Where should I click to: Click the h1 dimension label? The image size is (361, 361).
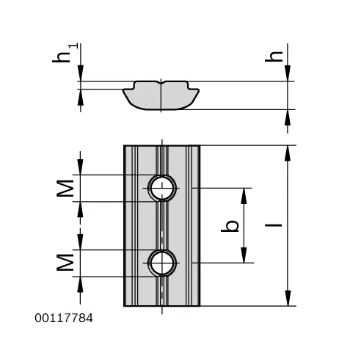[x=65, y=54]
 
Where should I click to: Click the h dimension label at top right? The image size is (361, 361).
[x=274, y=56]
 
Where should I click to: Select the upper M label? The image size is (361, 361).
[x=65, y=189]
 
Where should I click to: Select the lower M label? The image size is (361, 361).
[x=65, y=263]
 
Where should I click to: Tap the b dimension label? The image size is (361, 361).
[x=230, y=225]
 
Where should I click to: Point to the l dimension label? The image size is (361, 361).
[x=274, y=225]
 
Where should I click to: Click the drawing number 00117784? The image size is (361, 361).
[x=64, y=318]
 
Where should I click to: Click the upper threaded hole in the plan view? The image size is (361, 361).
[x=162, y=188]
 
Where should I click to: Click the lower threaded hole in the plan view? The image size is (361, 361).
[x=162, y=263]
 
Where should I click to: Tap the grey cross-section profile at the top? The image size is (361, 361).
[x=161, y=95]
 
